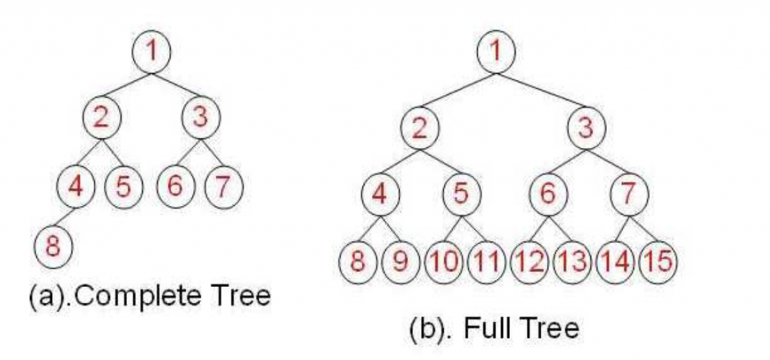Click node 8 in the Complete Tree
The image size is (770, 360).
point(53,247)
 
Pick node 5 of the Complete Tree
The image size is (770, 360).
point(123,186)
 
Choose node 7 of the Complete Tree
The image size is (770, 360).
point(223,186)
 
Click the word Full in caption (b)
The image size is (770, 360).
point(480,328)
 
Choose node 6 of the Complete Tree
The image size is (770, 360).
point(175,186)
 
